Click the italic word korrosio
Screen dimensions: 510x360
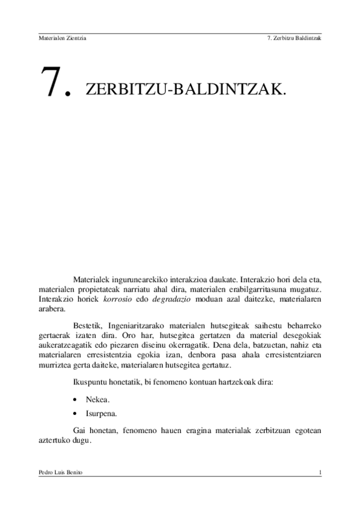point(117,298)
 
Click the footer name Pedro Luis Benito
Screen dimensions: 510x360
point(60,473)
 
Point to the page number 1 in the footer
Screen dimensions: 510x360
point(320,473)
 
